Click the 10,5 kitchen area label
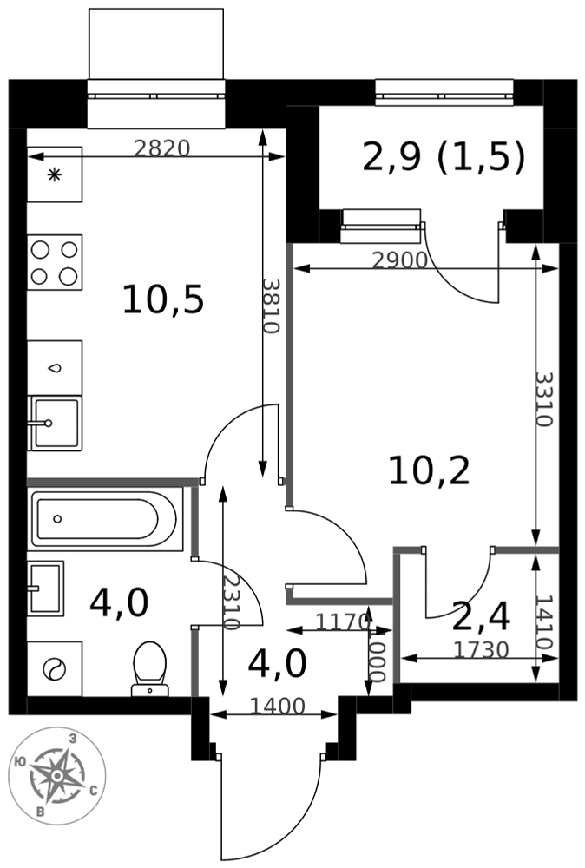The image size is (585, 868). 163,300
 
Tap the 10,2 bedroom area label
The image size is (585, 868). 429,471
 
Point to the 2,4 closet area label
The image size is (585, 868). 480,616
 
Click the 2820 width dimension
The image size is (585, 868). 162,148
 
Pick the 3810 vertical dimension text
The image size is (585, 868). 271,306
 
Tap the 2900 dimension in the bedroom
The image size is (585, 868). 399,260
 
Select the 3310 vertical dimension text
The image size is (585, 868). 544,398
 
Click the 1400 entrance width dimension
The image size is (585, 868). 277,706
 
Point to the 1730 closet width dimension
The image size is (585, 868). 481,649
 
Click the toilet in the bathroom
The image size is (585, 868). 150,668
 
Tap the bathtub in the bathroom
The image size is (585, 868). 105,519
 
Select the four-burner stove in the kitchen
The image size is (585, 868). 54,262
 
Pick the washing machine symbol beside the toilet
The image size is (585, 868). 54,668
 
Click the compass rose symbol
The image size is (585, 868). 57,776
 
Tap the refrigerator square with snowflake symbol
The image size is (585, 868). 54,174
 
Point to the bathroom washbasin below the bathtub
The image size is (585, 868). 45,589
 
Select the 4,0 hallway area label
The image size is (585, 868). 277,664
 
